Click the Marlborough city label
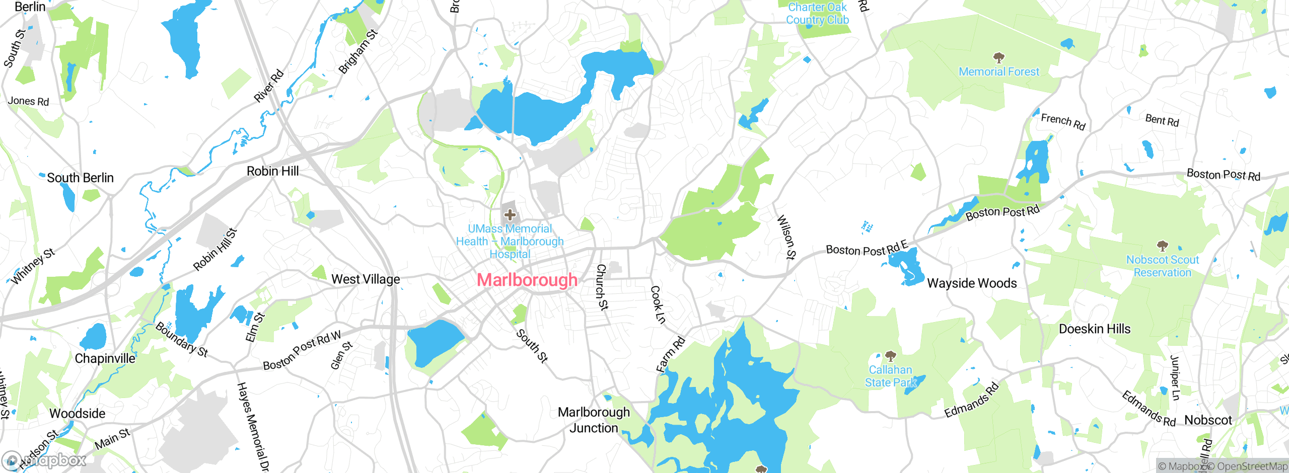click(x=527, y=280)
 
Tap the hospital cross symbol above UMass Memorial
click(x=510, y=215)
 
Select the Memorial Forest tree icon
click(x=998, y=57)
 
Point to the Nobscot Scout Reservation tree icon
click(x=1162, y=246)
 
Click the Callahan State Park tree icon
click(x=890, y=356)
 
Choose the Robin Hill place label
click(x=272, y=171)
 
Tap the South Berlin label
click(x=80, y=178)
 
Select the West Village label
click(x=366, y=279)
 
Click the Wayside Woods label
click(x=972, y=283)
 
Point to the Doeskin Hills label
click(x=1095, y=329)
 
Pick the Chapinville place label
click(x=105, y=358)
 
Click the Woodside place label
click(x=78, y=414)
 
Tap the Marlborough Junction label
click(x=594, y=420)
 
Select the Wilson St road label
click(x=786, y=237)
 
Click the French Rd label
click(x=1063, y=121)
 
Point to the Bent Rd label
click(x=1162, y=120)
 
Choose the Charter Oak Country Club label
click(x=818, y=14)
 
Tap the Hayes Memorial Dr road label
click(x=253, y=427)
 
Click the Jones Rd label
click(x=29, y=101)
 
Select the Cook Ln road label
click(x=658, y=304)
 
